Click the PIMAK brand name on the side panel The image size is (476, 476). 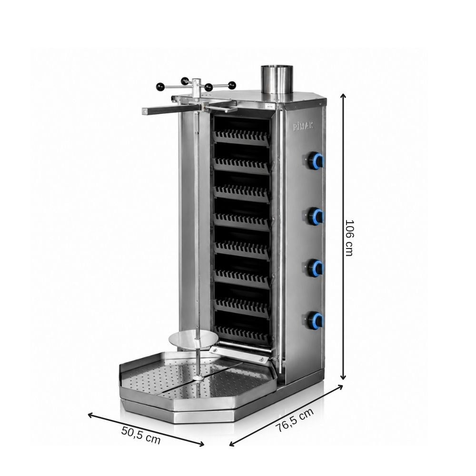point(303,126)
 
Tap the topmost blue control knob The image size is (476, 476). point(316,160)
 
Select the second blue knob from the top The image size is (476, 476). point(316,216)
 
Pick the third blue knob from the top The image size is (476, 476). point(316,267)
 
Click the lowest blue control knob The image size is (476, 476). point(316,319)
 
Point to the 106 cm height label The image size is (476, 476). point(350,238)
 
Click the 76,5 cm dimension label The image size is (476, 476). point(294,420)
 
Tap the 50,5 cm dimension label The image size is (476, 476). point(141,435)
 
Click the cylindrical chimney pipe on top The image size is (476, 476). point(277,82)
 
